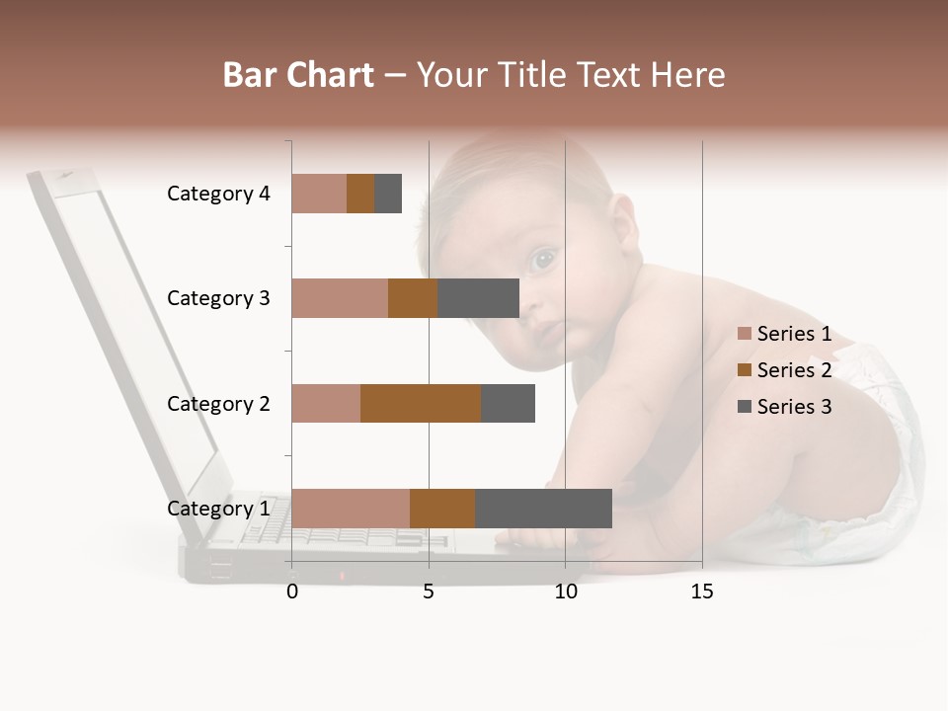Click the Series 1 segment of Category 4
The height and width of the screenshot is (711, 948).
(319, 194)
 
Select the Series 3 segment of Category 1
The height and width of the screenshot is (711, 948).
(543, 509)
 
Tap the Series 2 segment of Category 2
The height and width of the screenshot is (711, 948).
(421, 403)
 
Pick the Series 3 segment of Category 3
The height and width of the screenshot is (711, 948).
(478, 298)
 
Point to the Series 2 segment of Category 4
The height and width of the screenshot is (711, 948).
(360, 194)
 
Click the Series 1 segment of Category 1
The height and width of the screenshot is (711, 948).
(351, 509)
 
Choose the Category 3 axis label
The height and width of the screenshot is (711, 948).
(218, 298)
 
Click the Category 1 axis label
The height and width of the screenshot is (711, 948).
(218, 509)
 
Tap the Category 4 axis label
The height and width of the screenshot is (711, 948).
(218, 194)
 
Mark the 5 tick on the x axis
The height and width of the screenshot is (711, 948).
(429, 592)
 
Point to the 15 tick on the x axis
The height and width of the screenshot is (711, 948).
(701, 592)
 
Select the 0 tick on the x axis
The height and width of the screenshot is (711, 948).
(292, 592)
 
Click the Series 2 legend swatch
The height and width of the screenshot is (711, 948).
(745, 370)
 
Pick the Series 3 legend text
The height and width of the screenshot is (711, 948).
(794, 407)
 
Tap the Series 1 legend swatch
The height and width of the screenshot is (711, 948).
(745, 334)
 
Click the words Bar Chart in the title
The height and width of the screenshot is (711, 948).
(298, 75)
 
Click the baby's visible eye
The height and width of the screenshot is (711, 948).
(541, 261)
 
